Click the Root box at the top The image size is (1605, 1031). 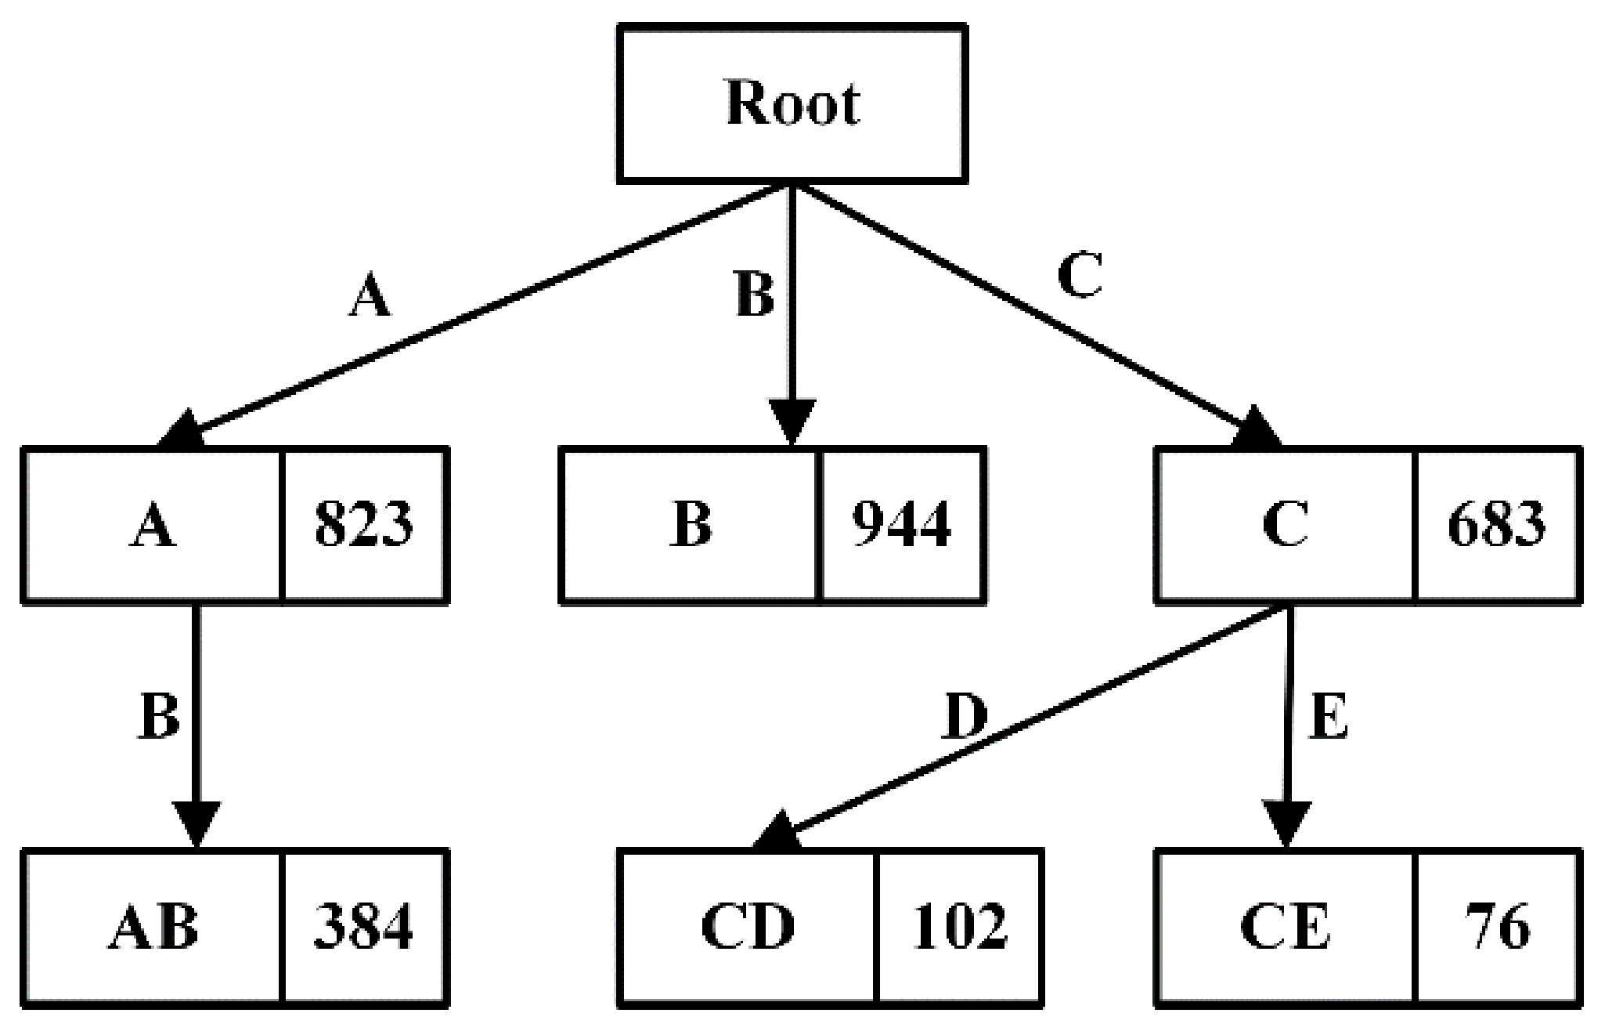pos(792,103)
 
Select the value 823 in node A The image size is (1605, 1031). pos(364,524)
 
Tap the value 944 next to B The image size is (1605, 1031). pos(902,524)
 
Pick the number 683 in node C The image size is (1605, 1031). pos(1497,524)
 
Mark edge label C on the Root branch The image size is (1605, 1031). pos(1080,276)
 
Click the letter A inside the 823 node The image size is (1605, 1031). pos(153,524)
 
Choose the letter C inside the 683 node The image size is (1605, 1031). pos(1285,524)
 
